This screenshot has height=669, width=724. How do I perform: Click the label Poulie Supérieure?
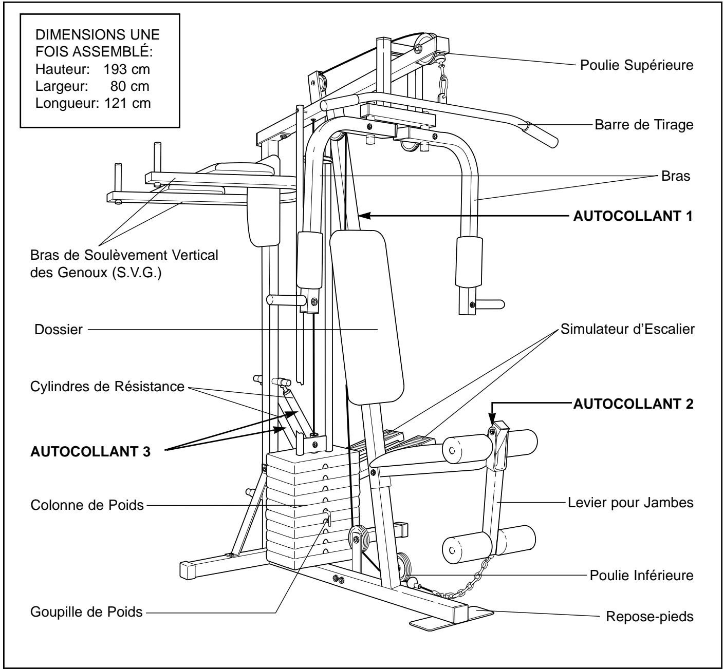pos(637,65)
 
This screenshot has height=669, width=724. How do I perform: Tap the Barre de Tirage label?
pos(644,125)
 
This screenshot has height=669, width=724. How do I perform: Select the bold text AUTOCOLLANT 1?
pos(633,216)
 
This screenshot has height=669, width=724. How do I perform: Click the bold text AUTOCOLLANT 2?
pos(633,404)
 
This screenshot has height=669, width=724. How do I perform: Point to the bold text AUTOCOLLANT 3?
pos(90,452)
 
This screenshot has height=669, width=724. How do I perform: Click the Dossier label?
pos(59,330)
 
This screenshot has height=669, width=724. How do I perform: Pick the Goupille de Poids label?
pos(86,612)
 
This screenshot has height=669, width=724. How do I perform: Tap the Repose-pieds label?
pos(649,617)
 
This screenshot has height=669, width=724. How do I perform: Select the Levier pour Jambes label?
pos(630,503)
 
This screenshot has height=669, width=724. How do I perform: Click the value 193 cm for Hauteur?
pos(126,69)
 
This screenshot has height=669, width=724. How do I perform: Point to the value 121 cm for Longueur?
pos(127,103)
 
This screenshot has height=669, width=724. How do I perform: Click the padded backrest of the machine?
pos(367,316)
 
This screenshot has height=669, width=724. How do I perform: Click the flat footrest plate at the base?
pos(452,619)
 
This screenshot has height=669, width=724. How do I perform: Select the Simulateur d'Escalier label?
pos(627,329)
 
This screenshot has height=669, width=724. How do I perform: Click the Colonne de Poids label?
pos(87,505)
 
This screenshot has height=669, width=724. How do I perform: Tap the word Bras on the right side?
pos(676,176)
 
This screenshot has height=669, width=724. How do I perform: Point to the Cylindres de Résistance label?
pos(107,386)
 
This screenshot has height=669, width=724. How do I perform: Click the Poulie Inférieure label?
pos(642,576)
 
